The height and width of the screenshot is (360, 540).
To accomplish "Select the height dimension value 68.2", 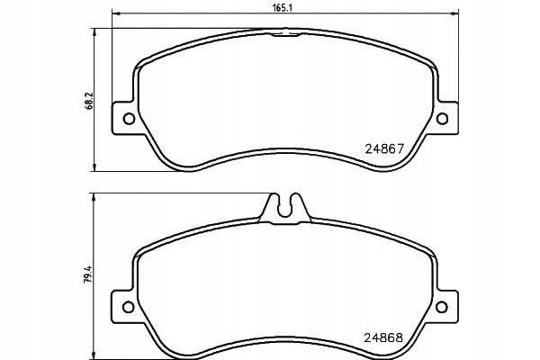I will pyautogui.click(x=88, y=97).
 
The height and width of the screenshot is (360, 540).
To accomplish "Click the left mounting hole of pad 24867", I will pyautogui.click(x=127, y=119).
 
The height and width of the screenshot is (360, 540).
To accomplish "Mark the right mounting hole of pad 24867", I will pyautogui.click(x=442, y=119).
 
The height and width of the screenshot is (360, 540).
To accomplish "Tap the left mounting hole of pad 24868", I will pyautogui.click(x=127, y=303).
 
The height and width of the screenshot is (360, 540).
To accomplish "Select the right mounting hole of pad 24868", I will pyautogui.click(x=442, y=303).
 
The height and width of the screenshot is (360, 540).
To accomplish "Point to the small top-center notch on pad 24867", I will pyautogui.click(x=285, y=33).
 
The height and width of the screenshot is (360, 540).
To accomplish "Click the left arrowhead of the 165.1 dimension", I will pyautogui.click(x=112, y=15).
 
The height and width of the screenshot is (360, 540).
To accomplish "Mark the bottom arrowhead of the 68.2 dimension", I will pyautogui.click(x=96, y=167).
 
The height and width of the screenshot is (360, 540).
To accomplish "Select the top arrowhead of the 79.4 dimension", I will pyautogui.click(x=96, y=196).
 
